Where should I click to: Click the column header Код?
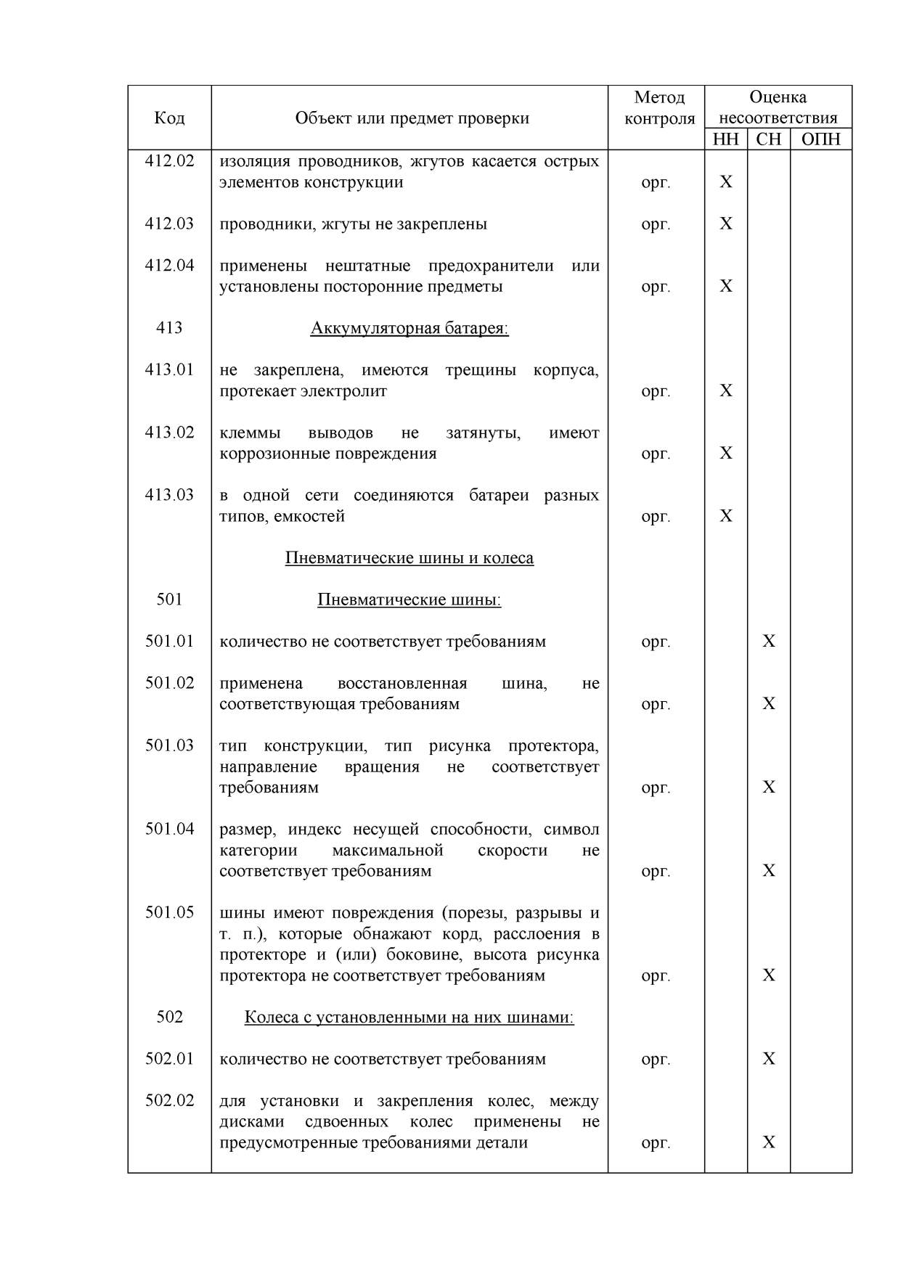point(169,118)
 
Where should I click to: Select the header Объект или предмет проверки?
point(412,118)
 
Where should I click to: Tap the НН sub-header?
point(725,139)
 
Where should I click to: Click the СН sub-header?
point(768,139)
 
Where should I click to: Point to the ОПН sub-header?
point(820,139)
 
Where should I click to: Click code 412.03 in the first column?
point(169,224)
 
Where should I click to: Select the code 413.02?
point(169,433)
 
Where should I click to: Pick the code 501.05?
point(169,912)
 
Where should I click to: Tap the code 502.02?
point(169,1100)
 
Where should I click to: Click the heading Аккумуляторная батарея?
point(409,328)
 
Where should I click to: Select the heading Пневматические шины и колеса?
point(409,558)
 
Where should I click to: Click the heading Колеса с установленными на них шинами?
point(409,1018)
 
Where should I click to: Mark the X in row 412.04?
point(725,286)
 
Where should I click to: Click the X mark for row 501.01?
point(768,641)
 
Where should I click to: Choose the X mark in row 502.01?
point(768,1059)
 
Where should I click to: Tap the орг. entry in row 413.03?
point(656,517)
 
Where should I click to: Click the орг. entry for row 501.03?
point(656,787)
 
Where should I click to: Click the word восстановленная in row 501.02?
point(402,684)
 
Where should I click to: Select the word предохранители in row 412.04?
point(491,266)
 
